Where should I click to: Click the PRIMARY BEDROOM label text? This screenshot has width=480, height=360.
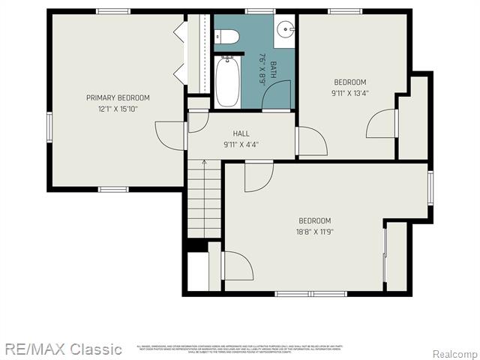click(x=118, y=97)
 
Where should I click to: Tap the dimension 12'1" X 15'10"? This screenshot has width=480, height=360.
click(x=118, y=109)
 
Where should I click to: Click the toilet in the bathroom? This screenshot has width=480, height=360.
click(x=227, y=37)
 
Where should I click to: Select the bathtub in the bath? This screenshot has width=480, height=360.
click(x=225, y=82)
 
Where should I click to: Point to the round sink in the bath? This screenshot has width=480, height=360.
click(x=285, y=31)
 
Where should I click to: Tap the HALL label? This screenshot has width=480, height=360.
click(x=241, y=133)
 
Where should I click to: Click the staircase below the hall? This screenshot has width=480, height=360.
click(x=204, y=202)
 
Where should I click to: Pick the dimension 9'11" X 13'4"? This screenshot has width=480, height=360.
click(x=349, y=94)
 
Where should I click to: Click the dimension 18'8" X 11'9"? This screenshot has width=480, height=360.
click(x=315, y=232)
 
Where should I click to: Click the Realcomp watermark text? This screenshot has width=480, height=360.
click(x=454, y=353)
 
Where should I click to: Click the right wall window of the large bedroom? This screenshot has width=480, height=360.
click(x=430, y=187)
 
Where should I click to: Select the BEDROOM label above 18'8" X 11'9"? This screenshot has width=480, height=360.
click(x=315, y=220)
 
